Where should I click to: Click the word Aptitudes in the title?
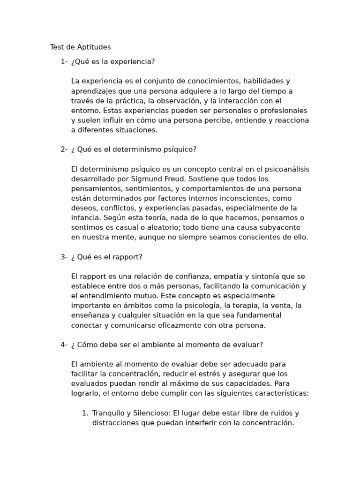[95, 47]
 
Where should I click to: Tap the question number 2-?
[64, 149]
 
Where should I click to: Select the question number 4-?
[64, 345]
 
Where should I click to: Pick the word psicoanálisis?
[285, 169]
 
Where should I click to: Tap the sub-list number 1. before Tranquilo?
[85, 413]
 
